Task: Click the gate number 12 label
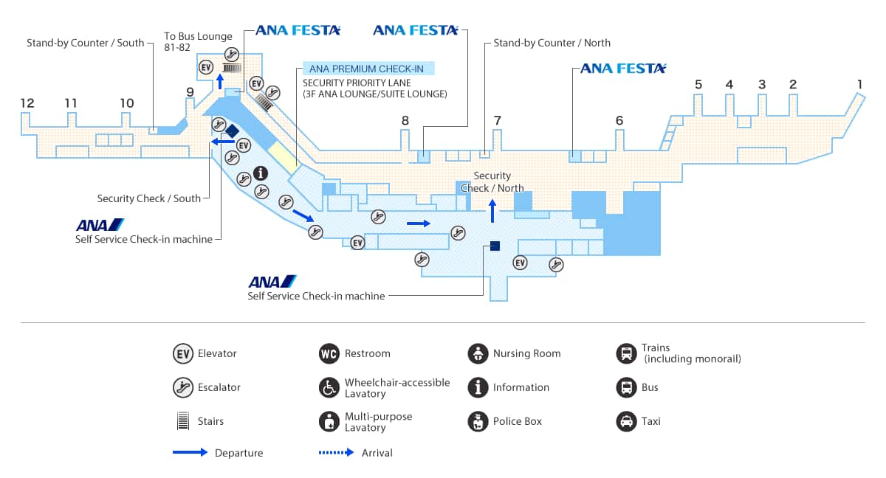27,103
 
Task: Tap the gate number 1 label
859,83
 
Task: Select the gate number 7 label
497,120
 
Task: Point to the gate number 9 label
190,92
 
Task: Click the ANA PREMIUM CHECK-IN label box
367,69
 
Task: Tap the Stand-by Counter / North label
552,43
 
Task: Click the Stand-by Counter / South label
86,43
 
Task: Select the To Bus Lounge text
198,36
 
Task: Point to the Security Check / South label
149,198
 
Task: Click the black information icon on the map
260,173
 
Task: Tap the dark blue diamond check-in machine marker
231,131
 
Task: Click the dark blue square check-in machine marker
495,246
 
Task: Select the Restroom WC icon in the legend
329,353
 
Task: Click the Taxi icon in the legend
626,421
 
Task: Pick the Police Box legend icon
478,421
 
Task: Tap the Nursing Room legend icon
478,353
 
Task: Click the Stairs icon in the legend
182,421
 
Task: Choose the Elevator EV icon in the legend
182,353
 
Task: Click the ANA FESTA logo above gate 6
622,69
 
